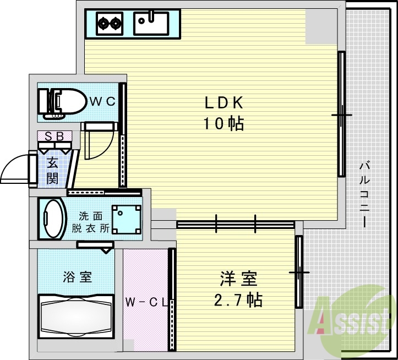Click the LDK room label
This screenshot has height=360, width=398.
[x=224, y=102]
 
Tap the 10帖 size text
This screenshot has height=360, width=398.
[x=224, y=124]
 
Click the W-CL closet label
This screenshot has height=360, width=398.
[x=146, y=302]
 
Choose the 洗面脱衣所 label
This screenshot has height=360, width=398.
[x=90, y=222]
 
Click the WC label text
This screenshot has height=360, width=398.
[x=102, y=101]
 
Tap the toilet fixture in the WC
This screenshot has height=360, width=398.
[x=61, y=102]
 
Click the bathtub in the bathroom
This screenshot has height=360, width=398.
[x=76, y=317]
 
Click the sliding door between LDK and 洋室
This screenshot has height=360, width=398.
[x=236, y=224]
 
